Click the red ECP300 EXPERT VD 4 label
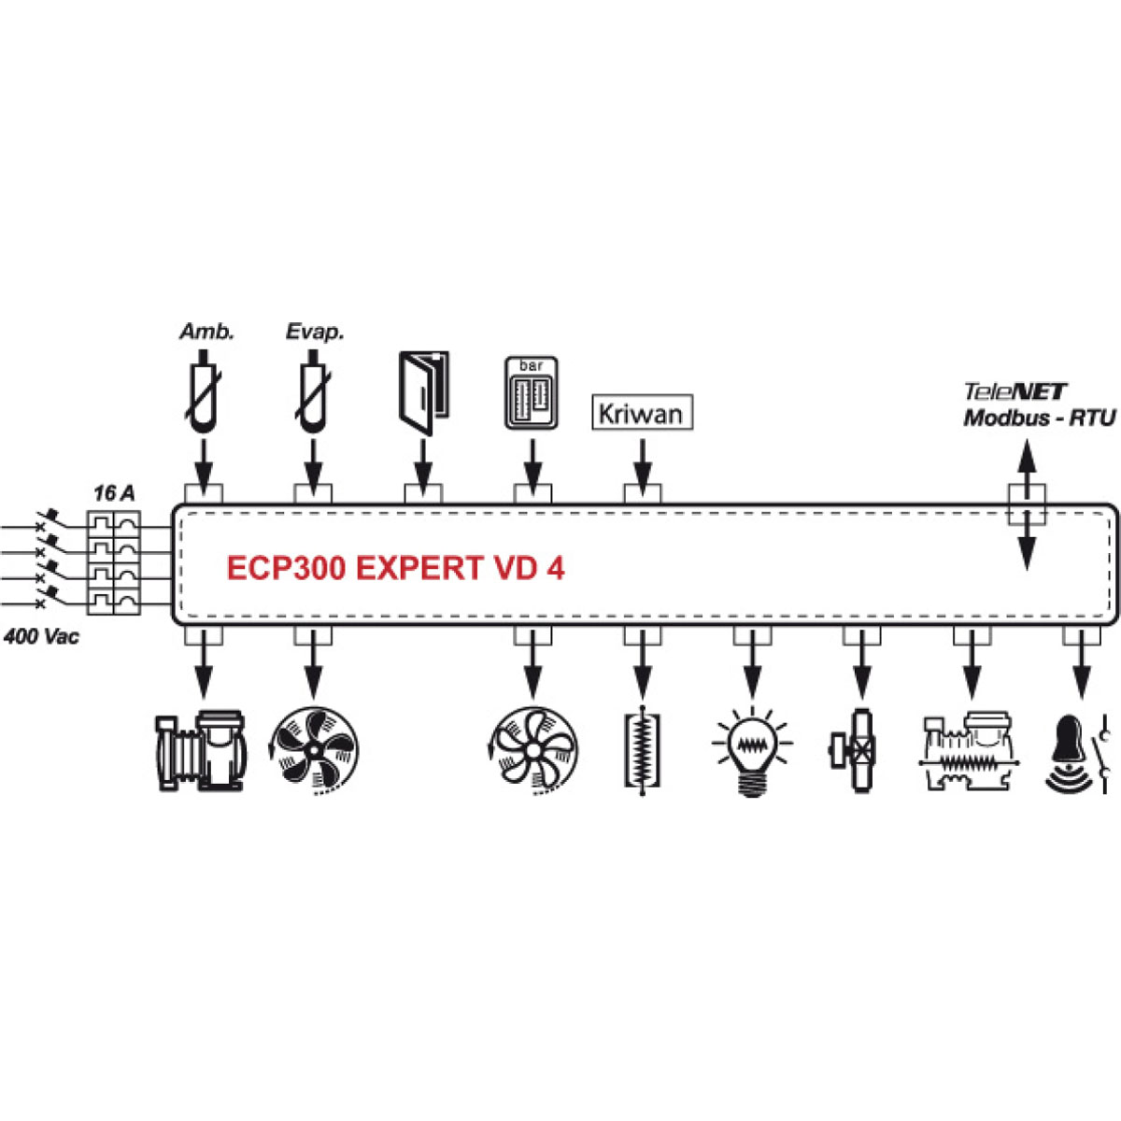(395, 568)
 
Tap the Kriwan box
(643, 413)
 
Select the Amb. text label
(206, 332)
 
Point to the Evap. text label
(315, 332)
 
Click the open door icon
(423, 392)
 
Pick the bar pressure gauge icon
(532, 392)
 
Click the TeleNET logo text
(1015, 392)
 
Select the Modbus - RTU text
(1039, 418)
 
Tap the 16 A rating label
(114, 493)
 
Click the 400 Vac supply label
(42, 637)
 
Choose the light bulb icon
(752, 751)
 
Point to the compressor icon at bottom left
(202, 752)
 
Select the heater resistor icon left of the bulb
(642, 753)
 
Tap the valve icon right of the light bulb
(859, 751)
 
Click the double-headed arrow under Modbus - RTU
(1026, 507)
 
